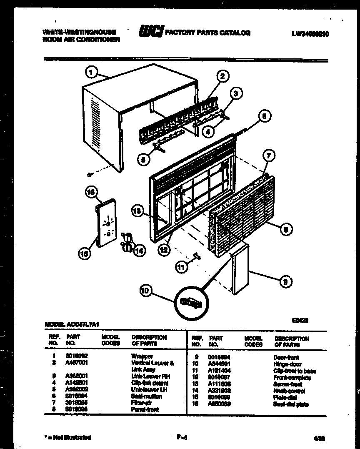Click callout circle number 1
pyautogui.click(x=90, y=73)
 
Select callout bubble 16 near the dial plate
pyautogui.click(x=90, y=192)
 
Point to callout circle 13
pyautogui.click(x=137, y=212)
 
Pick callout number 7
pyautogui.click(x=269, y=156)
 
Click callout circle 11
pyautogui.click(x=181, y=267)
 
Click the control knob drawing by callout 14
pyautogui.click(x=126, y=242)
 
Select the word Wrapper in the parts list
pyautogui.click(x=142, y=357)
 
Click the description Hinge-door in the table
pyautogui.click(x=287, y=364)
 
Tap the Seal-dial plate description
pyautogui.click(x=291, y=404)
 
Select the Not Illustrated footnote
pyautogui.click(x=68, y=437)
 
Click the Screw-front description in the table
pyautogui.click(x=288, y=384)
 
